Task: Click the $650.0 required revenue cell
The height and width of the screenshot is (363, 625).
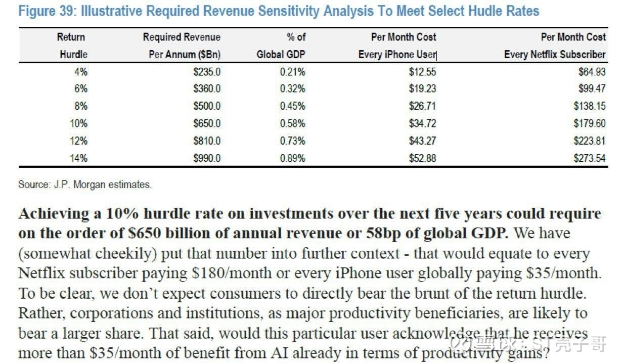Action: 207,123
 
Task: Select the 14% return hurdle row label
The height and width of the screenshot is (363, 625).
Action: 79,158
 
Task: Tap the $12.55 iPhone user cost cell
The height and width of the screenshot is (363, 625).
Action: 422,72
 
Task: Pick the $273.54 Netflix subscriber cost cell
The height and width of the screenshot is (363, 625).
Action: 589,158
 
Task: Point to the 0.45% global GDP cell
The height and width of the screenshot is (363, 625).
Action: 292,106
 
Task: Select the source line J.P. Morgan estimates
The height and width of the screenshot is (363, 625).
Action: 84,185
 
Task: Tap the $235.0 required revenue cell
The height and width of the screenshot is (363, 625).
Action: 207,72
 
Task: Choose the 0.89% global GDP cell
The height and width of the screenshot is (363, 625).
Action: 292,158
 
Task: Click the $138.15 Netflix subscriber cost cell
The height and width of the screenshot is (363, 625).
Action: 589,106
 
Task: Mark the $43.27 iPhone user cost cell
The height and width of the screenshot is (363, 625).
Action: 422,141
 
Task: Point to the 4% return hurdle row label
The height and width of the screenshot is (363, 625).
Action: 80,72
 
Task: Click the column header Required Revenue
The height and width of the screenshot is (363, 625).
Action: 182,37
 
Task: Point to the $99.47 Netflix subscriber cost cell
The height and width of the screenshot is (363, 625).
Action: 591,89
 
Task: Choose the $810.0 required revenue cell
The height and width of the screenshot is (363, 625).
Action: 207,141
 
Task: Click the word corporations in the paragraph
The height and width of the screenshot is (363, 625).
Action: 113,313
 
